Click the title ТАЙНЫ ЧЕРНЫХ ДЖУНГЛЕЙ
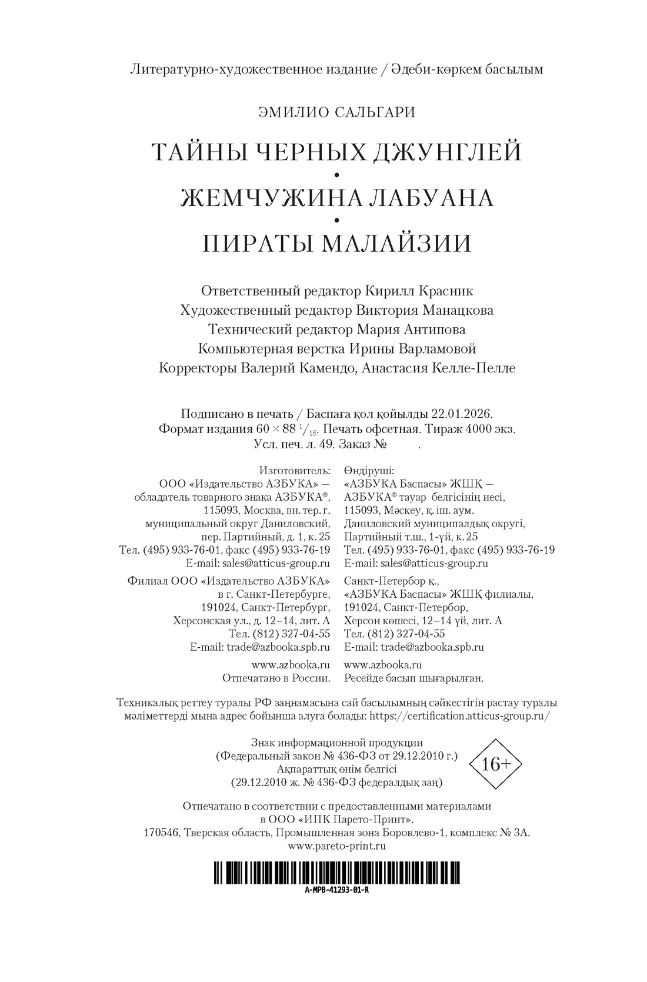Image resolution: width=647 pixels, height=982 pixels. coord(337,152)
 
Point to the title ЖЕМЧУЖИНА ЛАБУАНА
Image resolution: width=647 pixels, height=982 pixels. coord(337,198)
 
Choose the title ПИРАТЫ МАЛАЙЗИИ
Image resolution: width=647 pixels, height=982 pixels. coord(337,243)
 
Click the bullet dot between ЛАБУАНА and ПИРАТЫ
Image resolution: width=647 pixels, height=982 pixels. coord(337,220)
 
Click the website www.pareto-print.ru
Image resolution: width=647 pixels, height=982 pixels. coord(337,845)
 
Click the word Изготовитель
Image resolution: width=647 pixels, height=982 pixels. coord(295,471)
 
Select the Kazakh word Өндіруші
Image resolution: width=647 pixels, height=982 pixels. coord(370,471)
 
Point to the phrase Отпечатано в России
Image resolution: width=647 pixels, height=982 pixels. coord(276,678)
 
